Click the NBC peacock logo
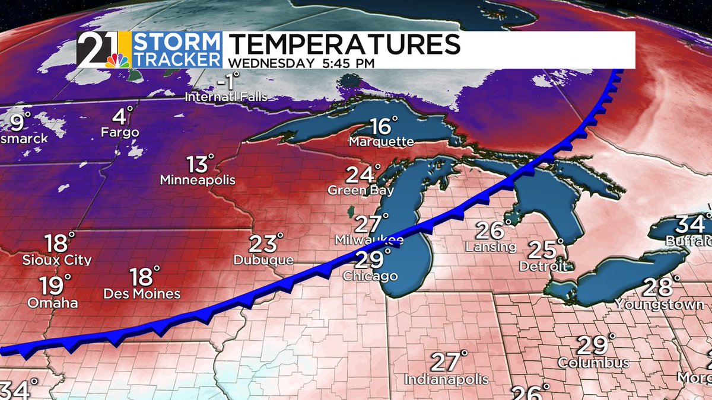click(116, 59)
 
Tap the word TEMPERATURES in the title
click(344, 45)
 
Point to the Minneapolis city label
click(198, 180)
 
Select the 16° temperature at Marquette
click(383, 126)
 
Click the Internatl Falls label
click(225, 96)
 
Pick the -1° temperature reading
click(228, 80)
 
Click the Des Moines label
click(142, 293)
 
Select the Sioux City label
click(57, 260)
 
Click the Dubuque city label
click(263, 260)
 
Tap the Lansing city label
click(491, 247)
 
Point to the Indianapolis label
click(446, 379)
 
